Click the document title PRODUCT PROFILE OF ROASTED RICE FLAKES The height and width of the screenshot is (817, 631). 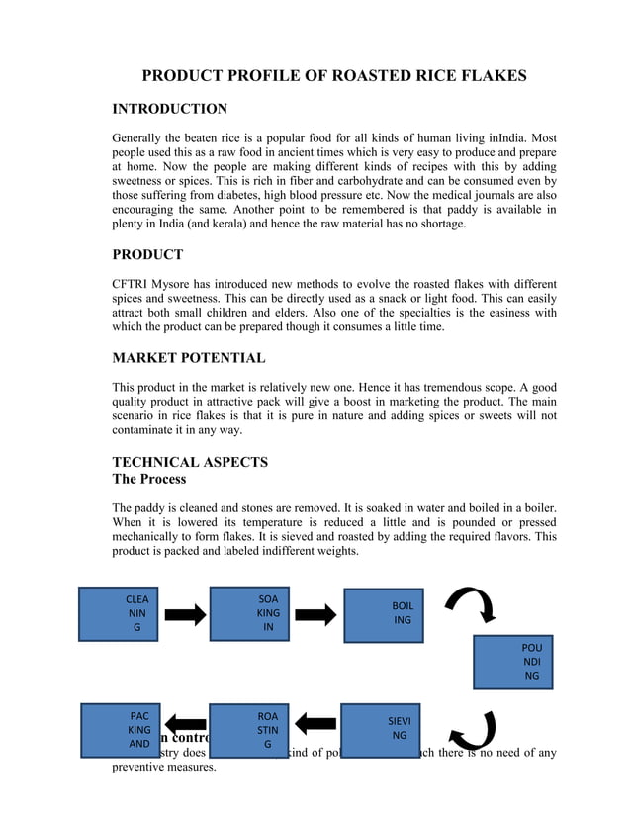(334, 76)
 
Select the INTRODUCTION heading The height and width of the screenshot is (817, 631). (169, 109)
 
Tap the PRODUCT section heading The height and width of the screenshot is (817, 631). (147, 254)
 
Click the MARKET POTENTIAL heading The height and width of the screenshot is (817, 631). (188, 357)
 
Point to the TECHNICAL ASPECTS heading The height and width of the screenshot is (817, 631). (190, 462)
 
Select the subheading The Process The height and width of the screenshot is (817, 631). (148, 480)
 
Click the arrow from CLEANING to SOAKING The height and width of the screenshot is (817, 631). (184, 615)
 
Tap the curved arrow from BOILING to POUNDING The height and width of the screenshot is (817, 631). (472, 604)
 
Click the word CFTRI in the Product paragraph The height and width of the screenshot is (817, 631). (132, 284)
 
